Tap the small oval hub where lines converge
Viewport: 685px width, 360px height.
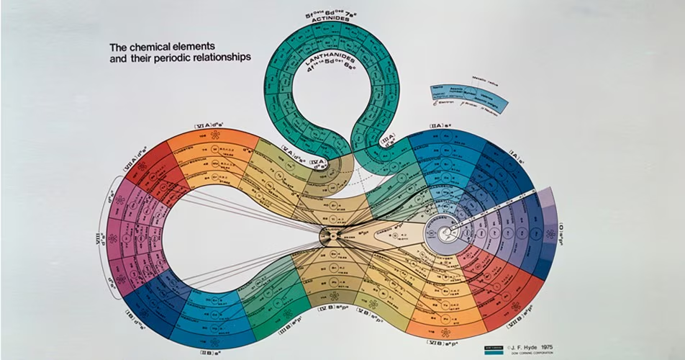(331, 235)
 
